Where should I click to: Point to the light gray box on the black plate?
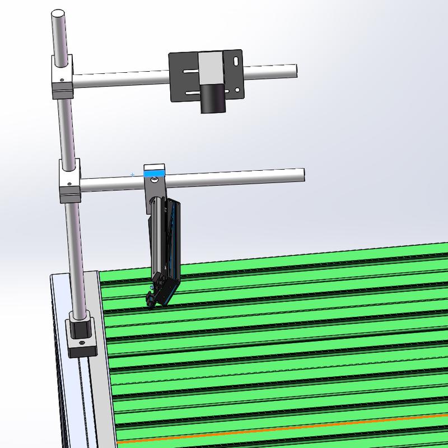(212, 68)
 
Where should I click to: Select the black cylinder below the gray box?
(213, 97)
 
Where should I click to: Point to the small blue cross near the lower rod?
(133, 175)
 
